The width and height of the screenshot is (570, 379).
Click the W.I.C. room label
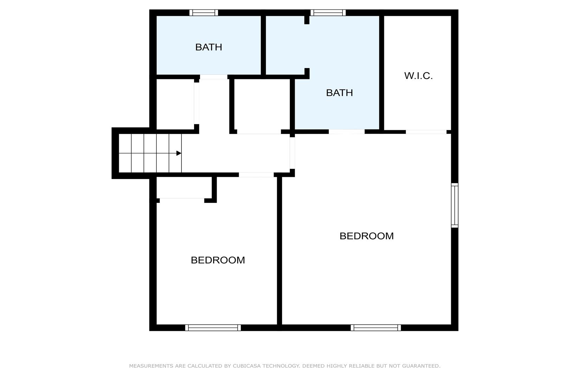tap(418, 76)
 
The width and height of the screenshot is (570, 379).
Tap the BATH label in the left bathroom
tap(209, 47)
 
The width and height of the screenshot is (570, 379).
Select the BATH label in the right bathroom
tap(339, 93)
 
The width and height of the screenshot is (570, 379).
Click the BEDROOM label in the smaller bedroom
tap(218, 260)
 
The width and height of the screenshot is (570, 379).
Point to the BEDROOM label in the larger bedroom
tap(367, 236)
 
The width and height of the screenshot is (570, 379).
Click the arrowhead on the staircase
tap(179, 153)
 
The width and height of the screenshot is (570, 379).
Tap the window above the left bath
tap(204, 13)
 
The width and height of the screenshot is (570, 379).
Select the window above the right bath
tap(328, 13)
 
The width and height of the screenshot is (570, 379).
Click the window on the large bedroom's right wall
tap(455, 205)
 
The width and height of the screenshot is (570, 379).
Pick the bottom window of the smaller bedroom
tap(213, 328)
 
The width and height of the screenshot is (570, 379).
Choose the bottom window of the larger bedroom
tap(376, 328)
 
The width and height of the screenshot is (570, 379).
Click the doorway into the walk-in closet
tap(426, 132)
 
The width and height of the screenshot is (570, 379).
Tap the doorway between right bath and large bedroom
tap(347, 132)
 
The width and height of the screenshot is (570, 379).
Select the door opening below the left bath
tap(213, 77)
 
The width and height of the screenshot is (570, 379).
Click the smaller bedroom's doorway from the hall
tap(256, 175)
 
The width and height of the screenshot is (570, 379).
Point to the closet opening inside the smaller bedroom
tap(182, 200)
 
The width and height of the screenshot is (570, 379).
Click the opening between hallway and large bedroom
tap(292, 153)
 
